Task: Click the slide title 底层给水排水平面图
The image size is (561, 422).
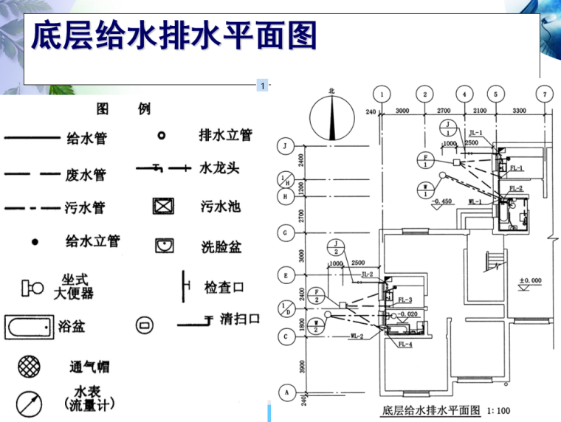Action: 174,36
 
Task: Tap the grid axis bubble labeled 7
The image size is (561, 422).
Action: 544,94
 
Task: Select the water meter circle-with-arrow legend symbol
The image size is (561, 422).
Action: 30,403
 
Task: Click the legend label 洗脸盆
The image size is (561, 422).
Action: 221,246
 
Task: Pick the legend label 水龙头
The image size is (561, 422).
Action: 220,168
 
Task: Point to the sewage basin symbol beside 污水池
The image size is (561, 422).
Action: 163,206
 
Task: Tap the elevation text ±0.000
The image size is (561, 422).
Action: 529,281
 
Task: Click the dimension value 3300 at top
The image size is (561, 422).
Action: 519,111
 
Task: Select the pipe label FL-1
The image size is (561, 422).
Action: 516,168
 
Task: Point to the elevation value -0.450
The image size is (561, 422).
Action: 443,201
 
